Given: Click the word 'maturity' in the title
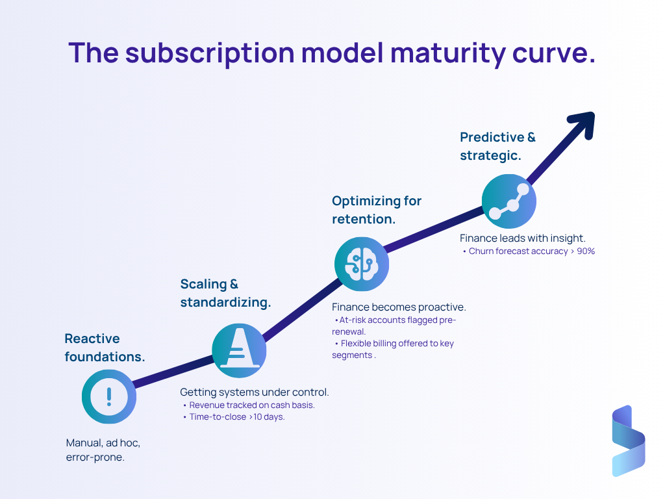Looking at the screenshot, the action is point(447,53).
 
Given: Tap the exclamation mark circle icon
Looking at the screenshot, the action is point(109,397).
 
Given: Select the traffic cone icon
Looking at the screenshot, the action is point(239,350).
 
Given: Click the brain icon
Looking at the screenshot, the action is point(361,264).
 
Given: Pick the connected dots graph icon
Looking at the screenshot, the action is point(509,201).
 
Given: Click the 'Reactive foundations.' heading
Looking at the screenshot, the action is point(105,348).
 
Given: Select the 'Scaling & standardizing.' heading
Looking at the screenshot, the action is point(225,293).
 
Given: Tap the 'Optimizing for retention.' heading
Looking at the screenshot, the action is point(377,210).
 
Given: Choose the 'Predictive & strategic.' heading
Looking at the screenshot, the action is point(498,146).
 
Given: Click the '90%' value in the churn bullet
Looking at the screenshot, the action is point(586,251).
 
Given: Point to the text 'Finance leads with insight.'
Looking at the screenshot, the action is point(523,238).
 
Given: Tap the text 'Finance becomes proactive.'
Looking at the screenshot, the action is point(399,307).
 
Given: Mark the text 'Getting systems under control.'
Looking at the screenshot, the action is point(255,392).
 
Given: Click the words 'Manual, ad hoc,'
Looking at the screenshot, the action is point(103,443).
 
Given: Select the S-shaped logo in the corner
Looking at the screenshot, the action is point(629,441).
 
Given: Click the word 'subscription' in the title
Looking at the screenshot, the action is point(210,54).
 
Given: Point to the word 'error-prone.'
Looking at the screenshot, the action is point(95,457).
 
